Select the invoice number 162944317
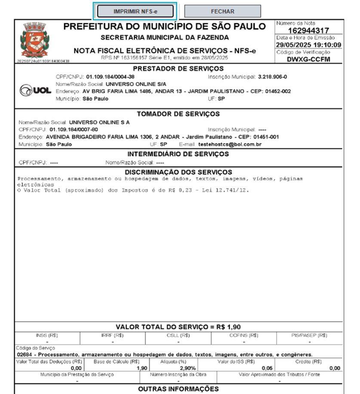coord(308,31)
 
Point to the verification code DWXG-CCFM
coord(308,59)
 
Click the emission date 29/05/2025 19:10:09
coord(308,45)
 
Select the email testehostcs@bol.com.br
coord(230,144)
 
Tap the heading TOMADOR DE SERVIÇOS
coord(178,114)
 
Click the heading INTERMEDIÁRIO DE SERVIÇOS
coord(178,154)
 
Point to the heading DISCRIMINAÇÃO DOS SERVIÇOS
coord(178,172)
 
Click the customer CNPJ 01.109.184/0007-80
coord(74,129)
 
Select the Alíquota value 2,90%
coord(188,368)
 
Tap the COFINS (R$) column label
coord(244,335)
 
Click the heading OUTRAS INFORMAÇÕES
coord(178,389)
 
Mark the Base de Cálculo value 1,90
coord(142,368)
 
